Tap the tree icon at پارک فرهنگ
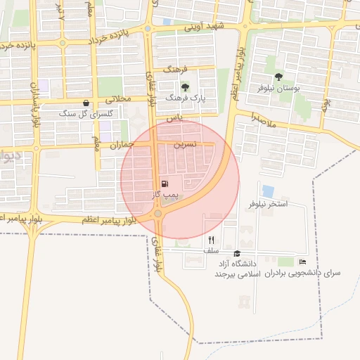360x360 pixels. point(185,87)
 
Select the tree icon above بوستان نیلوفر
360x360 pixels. point(278,77)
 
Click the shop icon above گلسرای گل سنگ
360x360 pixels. point(86,103)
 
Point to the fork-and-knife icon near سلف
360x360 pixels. point(211,240)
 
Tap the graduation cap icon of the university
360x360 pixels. point(237,254)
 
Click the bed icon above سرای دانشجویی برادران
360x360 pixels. point(302,262)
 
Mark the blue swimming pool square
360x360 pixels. point(268,191)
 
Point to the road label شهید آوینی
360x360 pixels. point(203,26)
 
